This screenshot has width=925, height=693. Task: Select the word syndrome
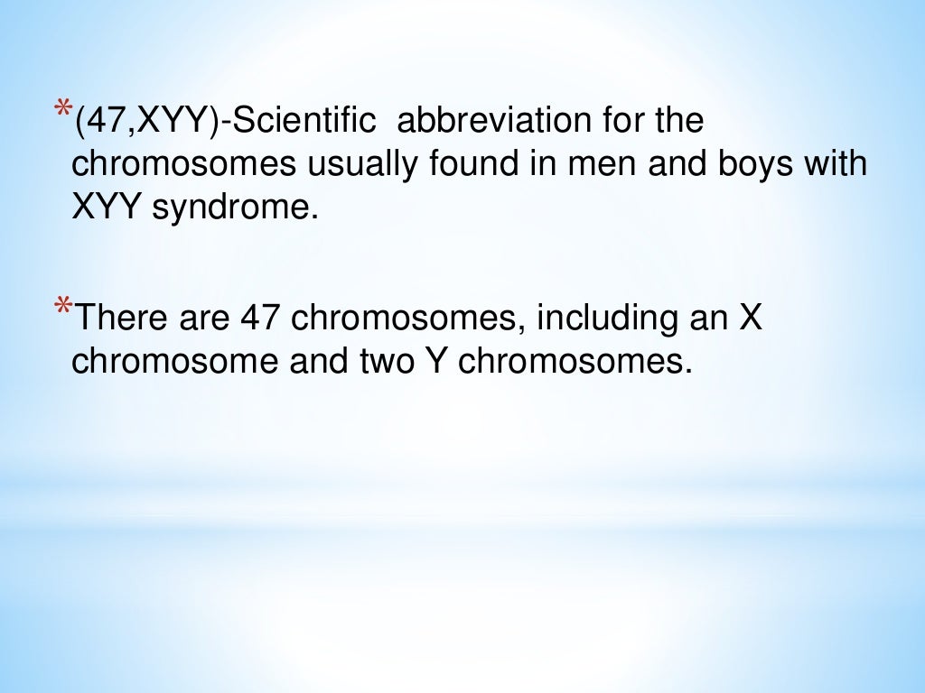[x=236, y=210]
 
